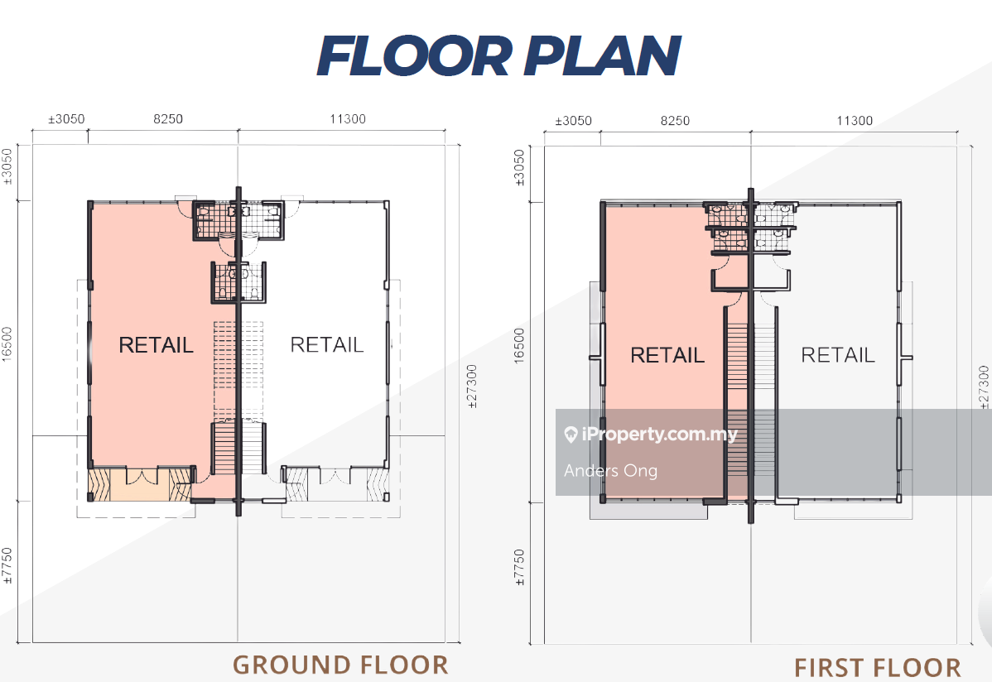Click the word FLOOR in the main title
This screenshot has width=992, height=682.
point(415,55)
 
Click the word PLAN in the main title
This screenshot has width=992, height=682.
point(602,55)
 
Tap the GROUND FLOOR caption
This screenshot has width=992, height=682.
point(340,665)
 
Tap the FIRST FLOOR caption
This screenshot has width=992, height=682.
point(878,667)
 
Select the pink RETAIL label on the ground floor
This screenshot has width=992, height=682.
point(156,345)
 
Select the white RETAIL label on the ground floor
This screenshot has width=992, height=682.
point(326,344)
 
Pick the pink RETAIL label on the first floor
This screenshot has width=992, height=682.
point(667,355)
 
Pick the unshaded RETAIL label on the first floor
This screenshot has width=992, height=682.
point(838,355)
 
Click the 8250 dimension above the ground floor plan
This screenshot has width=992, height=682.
point(168,119)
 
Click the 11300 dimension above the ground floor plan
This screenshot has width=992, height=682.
point(348,119)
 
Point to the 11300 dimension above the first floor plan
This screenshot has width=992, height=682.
point(855,121)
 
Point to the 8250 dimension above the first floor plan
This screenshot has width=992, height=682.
point(675,121)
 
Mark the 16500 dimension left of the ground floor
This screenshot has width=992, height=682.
point(7,345)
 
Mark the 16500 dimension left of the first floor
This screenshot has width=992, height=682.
point(519,346)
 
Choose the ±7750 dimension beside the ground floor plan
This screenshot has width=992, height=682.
point(7,565)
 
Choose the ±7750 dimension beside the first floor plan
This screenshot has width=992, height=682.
point(519,568)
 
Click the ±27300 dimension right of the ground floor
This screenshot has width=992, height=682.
point(472,387)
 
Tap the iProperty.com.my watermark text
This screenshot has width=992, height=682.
point(659,434)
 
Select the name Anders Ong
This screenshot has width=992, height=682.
point(610,471)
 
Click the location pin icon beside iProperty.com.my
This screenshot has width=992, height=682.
point(571,435)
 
